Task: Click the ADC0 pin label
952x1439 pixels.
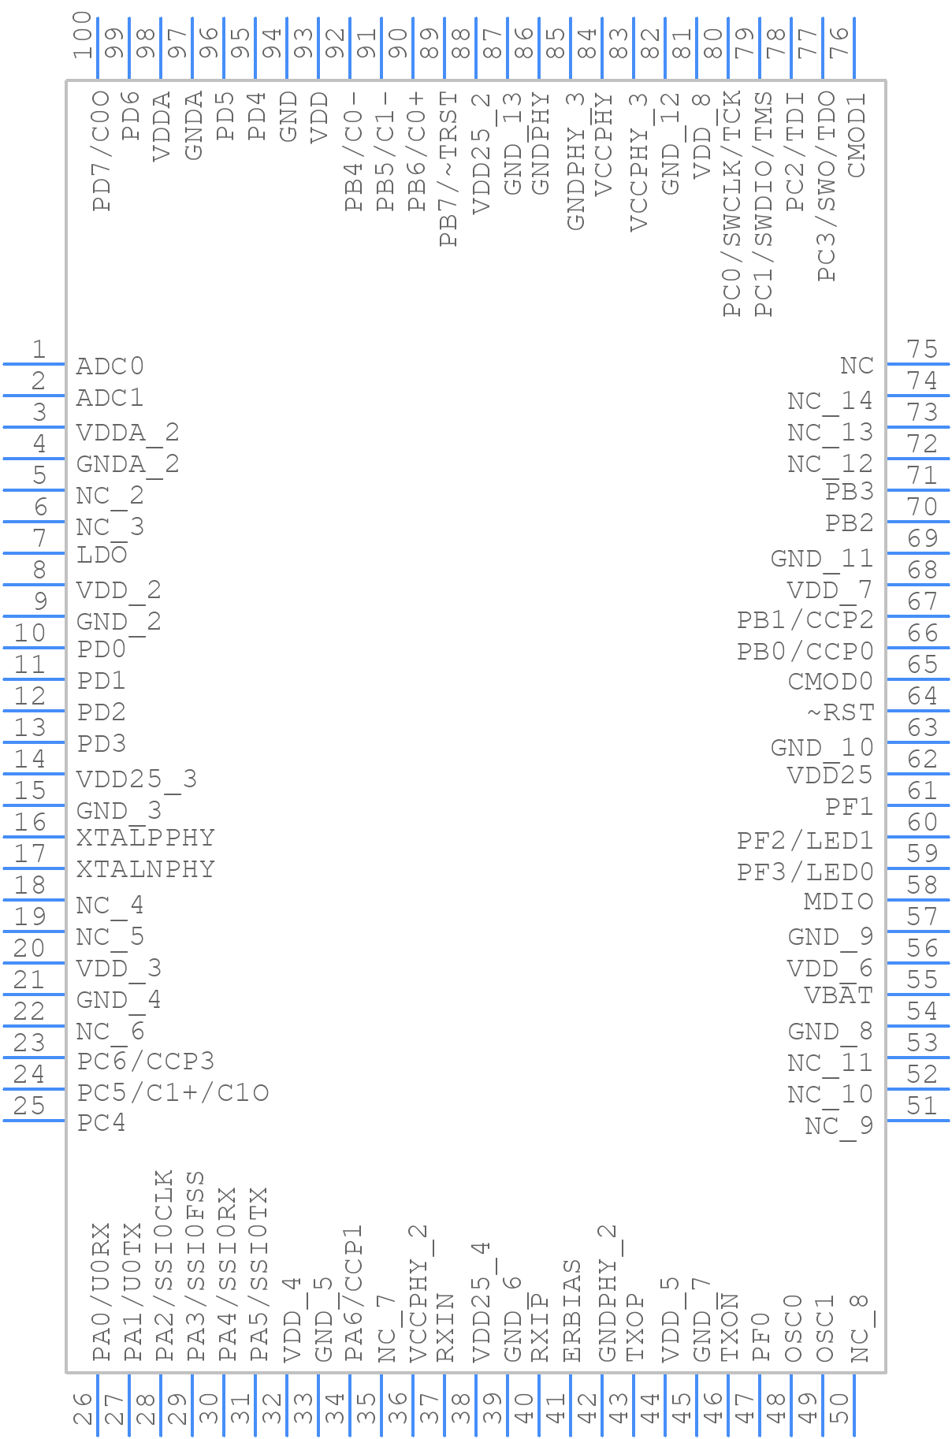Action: point(110,366)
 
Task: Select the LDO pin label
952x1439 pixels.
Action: point(102,555)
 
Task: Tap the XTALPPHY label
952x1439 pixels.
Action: point(146,838)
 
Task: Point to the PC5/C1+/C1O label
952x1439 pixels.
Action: point(173,1093)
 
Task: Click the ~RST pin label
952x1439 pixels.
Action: point(840,712)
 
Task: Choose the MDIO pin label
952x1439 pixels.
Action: point(839,902)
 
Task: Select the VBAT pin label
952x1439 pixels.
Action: point(839,996)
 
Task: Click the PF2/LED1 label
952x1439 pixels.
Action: point(805,841)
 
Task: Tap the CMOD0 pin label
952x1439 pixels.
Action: point(831,681)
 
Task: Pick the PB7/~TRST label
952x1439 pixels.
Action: point(448,169)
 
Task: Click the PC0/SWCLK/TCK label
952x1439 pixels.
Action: point(733,203)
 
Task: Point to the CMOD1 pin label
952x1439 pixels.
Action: point(857,136)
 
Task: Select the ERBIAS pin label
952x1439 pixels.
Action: point(573,1311)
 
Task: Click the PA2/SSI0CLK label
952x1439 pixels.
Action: point(164,1266)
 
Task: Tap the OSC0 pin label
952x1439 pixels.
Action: point(794,1328)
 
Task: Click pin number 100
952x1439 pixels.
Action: point(83,35)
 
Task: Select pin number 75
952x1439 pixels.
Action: point(922,349)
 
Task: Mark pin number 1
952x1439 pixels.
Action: point(38,349)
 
